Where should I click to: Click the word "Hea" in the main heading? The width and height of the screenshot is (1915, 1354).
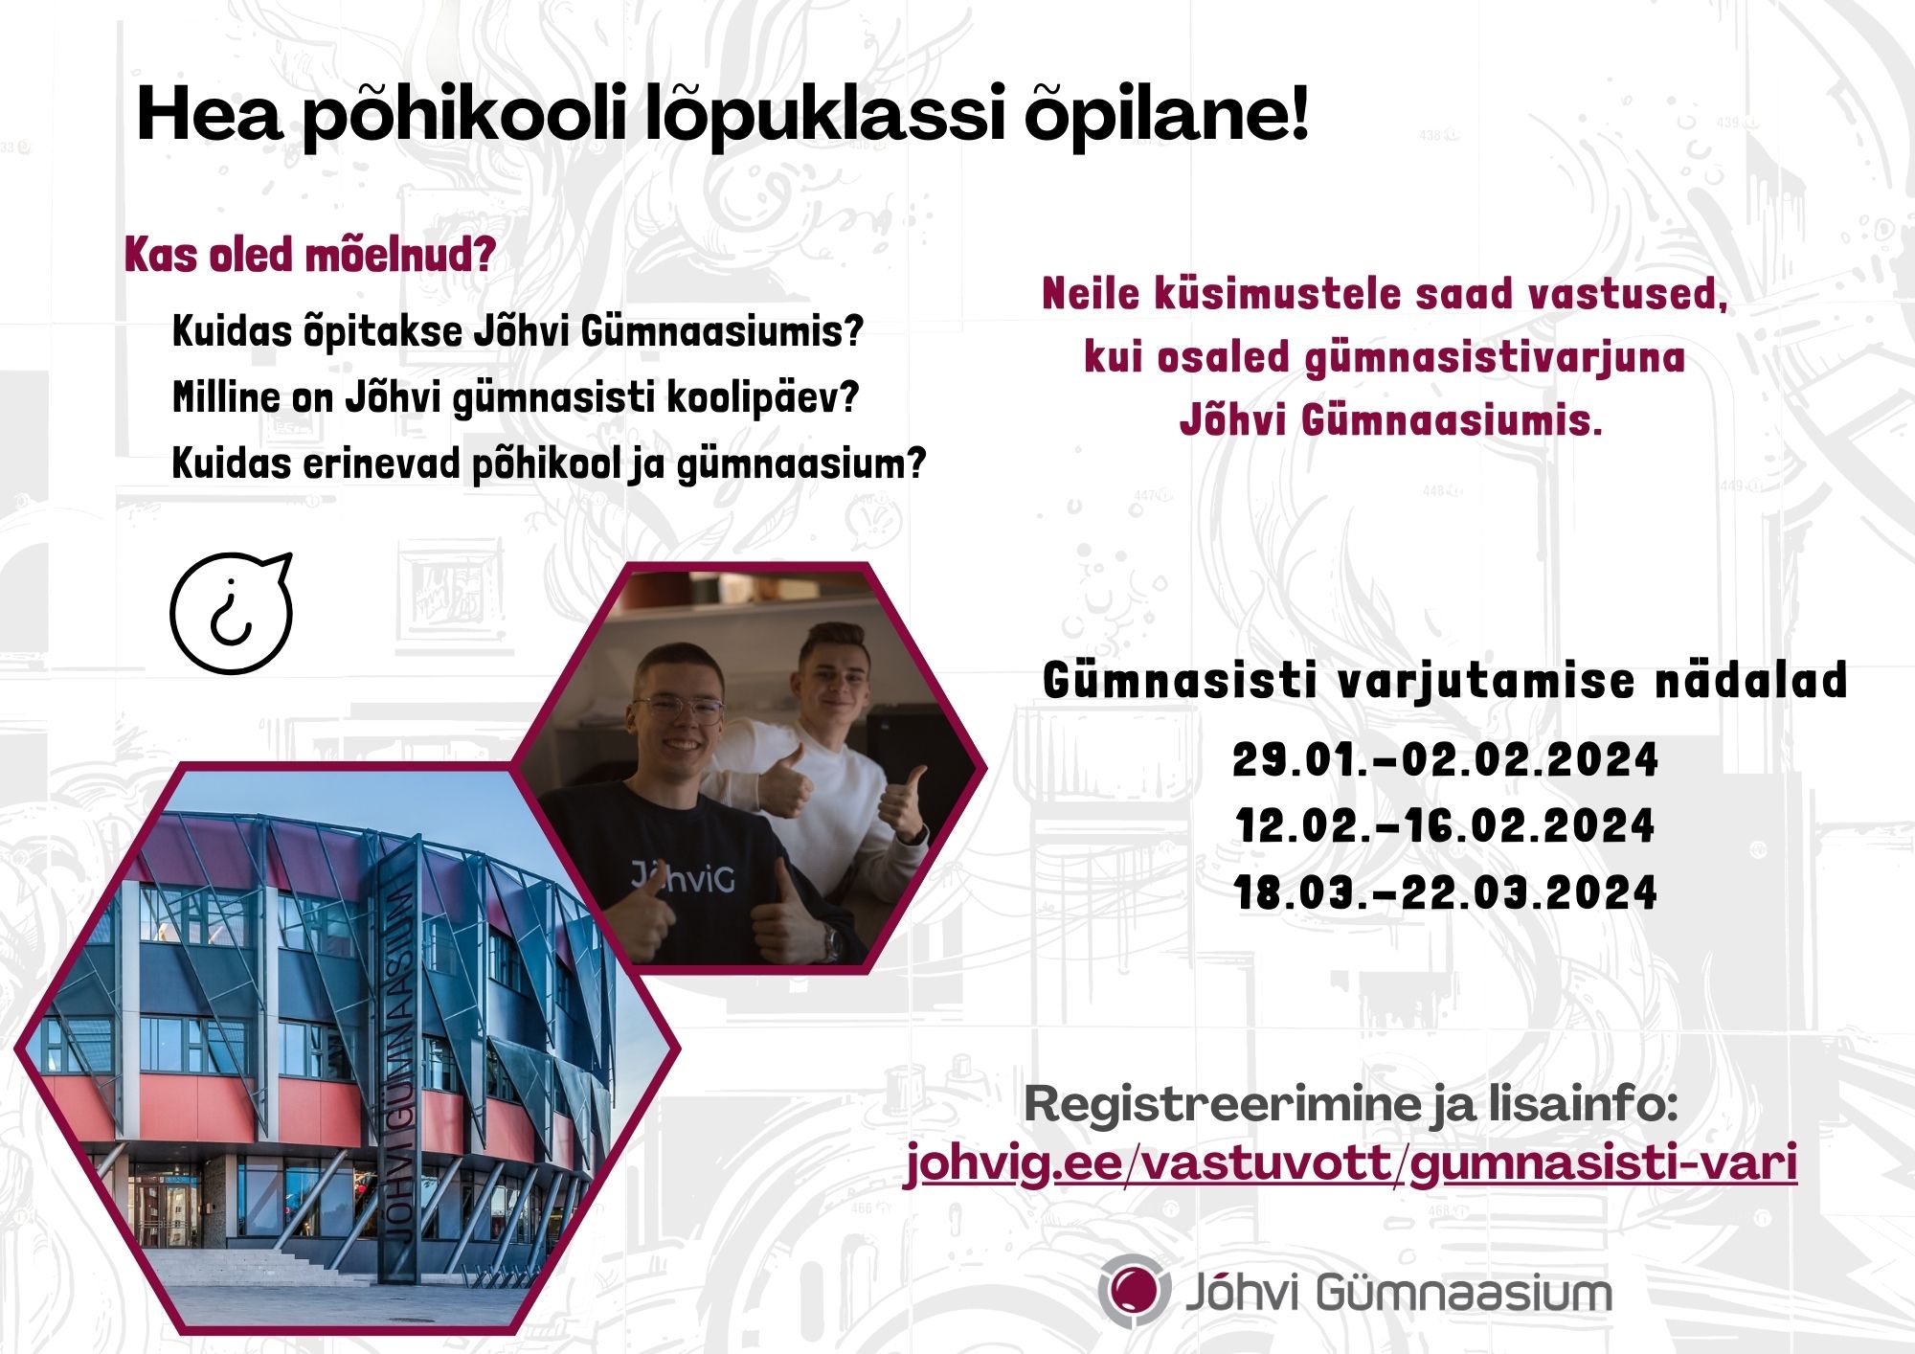tap(210, 114)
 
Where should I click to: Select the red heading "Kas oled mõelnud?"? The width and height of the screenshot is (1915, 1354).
tap(310, 256)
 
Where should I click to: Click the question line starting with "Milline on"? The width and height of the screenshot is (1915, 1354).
tap(516, 397)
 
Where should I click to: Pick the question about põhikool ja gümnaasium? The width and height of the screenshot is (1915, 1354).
tap(550, 463)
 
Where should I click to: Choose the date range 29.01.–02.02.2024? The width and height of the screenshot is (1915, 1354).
tap(1445, 760)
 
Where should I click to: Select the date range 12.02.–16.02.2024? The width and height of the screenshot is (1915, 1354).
tap(1445, 826)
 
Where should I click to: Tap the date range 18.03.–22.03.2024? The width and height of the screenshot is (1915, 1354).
tap(1445, 892)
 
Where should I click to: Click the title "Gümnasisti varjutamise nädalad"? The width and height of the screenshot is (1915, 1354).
tap(1445, 681)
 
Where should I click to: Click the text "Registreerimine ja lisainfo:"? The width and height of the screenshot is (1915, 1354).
tap(1351, 1104)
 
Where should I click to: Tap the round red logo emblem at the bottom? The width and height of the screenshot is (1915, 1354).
tap(1134, 1289)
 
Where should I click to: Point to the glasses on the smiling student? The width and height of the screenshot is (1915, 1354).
tap(678, 710)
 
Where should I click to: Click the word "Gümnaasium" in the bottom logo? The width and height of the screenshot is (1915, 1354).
tap(1464, 1292)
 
